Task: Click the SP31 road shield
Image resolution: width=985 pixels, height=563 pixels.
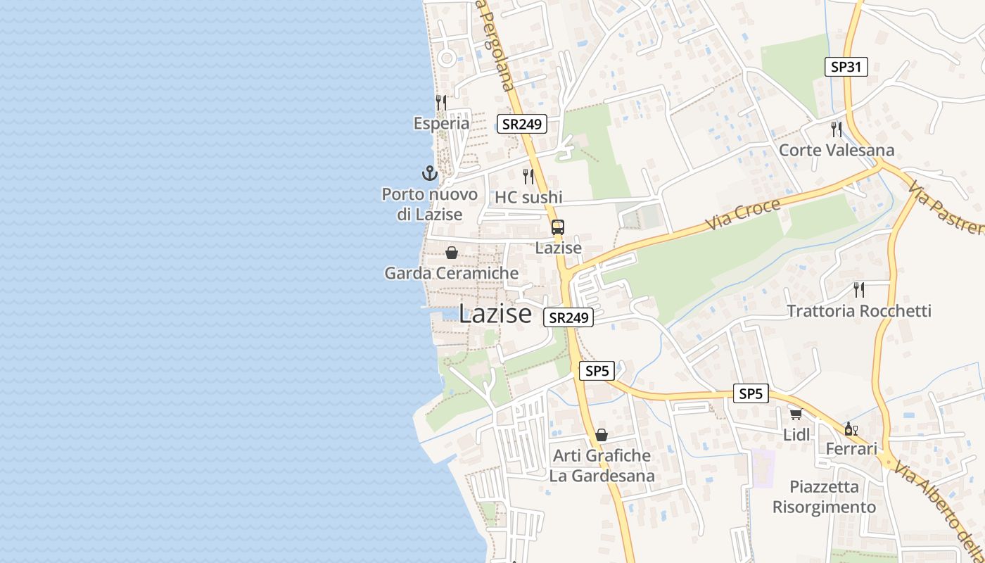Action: coord(846,67)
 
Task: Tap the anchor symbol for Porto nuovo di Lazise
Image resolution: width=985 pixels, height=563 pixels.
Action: coord(429,172)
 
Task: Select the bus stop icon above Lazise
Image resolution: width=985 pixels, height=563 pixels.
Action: coord(558,227)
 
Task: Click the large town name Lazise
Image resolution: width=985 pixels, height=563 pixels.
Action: coord(495,314)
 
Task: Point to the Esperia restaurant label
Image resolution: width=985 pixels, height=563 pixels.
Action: coord(441,123)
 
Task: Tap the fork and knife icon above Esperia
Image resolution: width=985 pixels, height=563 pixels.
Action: coord(441,102)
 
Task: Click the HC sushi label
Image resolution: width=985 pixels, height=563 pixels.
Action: coord(528,197)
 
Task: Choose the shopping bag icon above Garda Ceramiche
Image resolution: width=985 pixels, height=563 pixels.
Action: coord(452,252)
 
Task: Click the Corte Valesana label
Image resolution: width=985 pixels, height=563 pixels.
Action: coord(837,150)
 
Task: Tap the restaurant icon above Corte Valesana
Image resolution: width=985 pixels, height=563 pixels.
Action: coord(837,129)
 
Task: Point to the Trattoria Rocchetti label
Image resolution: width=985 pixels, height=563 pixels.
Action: coord(859,311)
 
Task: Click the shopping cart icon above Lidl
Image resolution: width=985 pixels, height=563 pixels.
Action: coord(796,414)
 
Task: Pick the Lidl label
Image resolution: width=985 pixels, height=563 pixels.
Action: coord(796,435)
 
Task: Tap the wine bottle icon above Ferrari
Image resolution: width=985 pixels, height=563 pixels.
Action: coord(851,429)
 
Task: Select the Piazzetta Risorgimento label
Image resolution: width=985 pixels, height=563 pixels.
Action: coord(824,497)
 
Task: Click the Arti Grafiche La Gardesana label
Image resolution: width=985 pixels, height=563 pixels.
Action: coord(602,466)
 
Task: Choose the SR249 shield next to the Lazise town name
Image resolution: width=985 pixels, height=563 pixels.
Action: coord(568,318)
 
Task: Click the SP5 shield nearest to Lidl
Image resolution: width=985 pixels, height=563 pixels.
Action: coord(751,394)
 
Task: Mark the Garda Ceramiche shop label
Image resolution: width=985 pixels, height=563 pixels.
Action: coord(451,273)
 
